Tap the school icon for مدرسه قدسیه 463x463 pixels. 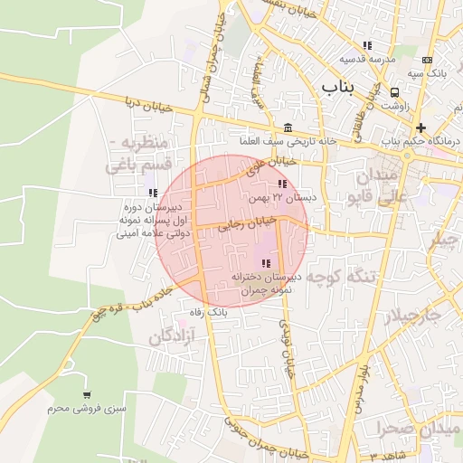coord(367,45)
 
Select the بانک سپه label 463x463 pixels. coord(425,71)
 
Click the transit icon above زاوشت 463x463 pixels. coord(394,92)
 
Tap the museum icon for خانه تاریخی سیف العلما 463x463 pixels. coord(288,128)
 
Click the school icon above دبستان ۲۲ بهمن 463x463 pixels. coord(269,184)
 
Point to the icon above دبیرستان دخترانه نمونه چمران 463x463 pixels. coord(266,262)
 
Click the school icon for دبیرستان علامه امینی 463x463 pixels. coord(152,193)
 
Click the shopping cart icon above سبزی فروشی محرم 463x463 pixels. coord(87,395)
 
